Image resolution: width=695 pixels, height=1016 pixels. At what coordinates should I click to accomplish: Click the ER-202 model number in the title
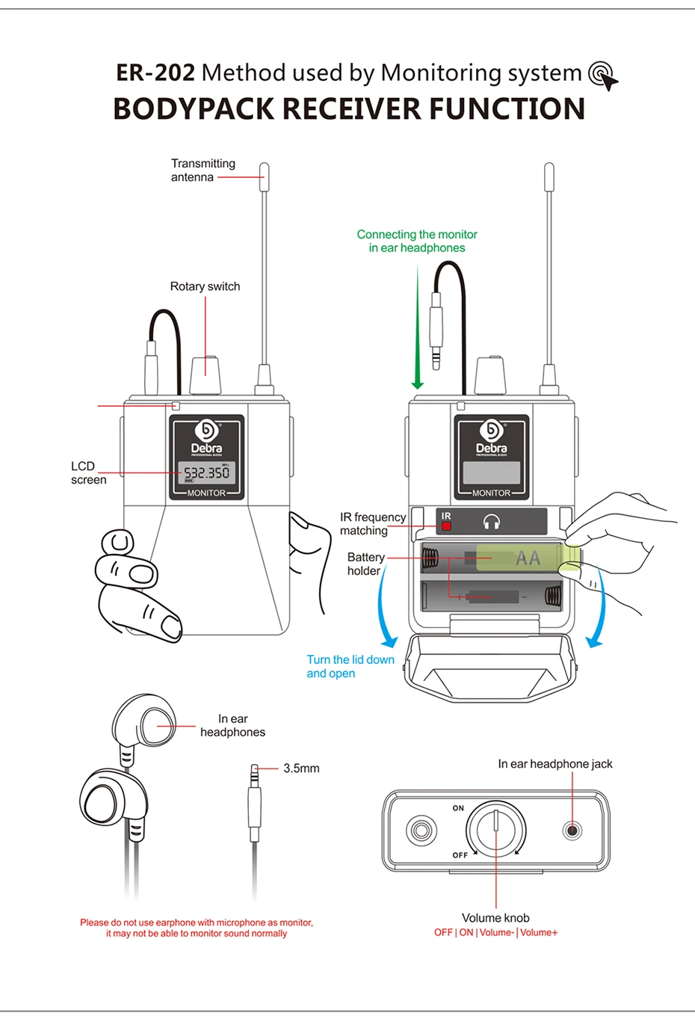tap(155, 73)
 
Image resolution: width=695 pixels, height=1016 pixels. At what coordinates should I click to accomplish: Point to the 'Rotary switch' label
tap(205, 286)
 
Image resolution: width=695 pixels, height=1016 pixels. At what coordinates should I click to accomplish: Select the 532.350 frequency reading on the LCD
tap(207, 472)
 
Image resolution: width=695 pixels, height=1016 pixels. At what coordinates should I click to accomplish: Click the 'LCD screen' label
tap(88, 472)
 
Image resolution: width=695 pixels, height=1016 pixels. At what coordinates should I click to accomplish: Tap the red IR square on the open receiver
tap(446, 526)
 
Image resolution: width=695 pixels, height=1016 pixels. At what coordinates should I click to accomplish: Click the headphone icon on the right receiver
tap(491, 522)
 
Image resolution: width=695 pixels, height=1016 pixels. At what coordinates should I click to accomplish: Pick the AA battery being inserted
tap(528, 558)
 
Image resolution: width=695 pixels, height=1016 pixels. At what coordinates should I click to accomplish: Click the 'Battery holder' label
tap(365, 564)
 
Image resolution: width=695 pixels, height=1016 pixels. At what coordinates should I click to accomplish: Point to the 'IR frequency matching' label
tap(372, 523)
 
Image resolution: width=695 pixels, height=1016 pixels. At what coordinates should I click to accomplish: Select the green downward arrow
tap(418, 329)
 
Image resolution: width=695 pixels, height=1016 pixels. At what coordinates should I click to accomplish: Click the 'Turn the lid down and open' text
tap(350, 666)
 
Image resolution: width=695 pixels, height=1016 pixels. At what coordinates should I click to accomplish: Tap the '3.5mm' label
tap(301, 769)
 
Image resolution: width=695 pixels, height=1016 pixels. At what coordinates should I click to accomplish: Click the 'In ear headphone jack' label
tap(555, 764)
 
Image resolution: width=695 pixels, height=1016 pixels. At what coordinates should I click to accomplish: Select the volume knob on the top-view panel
tap(496, 830)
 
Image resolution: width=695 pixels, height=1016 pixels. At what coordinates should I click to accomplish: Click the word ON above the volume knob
tap(458, 808)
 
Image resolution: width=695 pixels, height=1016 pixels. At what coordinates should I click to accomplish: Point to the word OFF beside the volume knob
tap(460, 855)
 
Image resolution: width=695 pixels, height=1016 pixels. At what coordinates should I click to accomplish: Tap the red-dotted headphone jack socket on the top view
tap(572, 830)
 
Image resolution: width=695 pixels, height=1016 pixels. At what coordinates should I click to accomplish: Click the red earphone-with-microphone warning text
tap(197, 928)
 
